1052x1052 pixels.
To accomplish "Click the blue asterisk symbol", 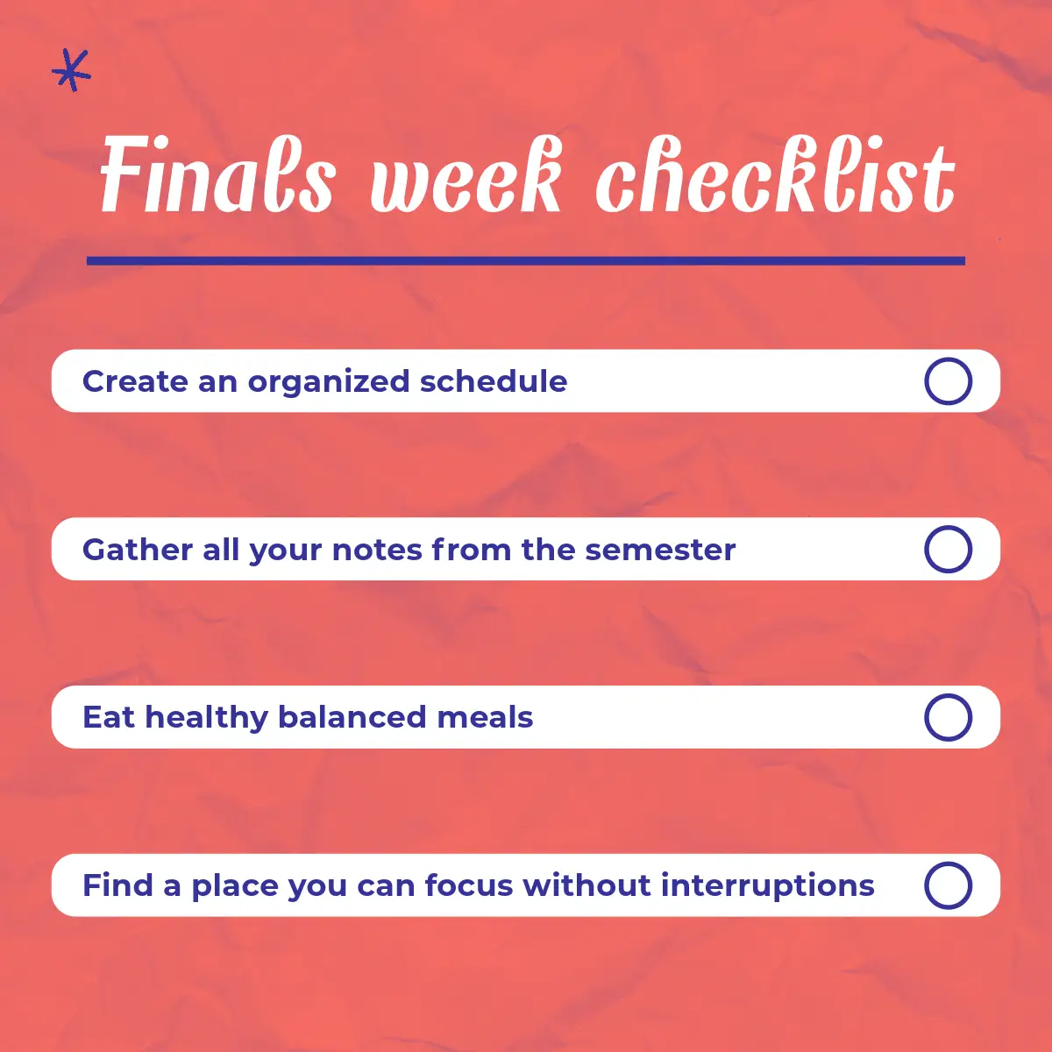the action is [71, 70].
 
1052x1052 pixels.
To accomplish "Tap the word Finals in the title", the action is [217, 174].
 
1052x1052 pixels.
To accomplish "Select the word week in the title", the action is [466, 174].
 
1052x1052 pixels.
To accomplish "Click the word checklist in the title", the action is [775, 174].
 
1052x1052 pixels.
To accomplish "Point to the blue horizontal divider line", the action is [526, 261].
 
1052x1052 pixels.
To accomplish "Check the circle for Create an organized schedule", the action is [948, 381].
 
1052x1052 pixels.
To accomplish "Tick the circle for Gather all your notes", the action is [948, 549].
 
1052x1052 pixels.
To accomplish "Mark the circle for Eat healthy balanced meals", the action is [948, 717].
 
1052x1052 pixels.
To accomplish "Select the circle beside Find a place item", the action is [948, 885].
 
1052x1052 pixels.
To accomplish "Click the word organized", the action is [329, 382].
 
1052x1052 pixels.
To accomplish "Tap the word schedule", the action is [494, 381].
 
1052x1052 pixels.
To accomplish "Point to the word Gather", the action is [137, 549].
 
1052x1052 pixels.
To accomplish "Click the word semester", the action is [660, 551].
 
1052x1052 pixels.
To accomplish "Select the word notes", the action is [377, 551].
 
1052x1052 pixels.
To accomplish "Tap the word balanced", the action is [352, 717].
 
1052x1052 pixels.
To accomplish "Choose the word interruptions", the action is [768, 886].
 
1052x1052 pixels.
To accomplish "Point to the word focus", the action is [469, 885].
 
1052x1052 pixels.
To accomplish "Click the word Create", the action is [135, 381].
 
